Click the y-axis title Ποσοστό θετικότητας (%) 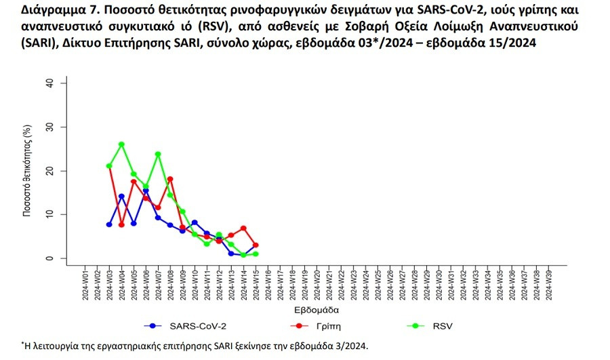(x=28, y=170)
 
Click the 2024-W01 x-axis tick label (x=85, y=284)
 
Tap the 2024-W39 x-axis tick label (x=548, y=284)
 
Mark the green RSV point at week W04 (x=121, y=144)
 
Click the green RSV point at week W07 (x=158, y=154)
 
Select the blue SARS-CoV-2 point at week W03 (x=109, y=224)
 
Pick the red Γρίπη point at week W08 (x=170, y=179)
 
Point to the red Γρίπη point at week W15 (x=256, y=245)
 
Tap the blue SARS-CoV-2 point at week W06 (x=146, y=191)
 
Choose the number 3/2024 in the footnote (x=348, y=346)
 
